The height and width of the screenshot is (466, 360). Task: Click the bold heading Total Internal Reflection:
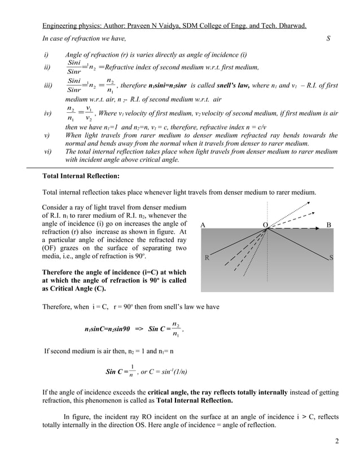click(80, 176)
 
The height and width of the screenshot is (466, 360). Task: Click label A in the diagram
click(203, 225)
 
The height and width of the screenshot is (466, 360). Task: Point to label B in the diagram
click(329, 225)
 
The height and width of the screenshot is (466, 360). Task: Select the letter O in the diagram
click(265, 225)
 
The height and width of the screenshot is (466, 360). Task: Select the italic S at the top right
click(328, 38)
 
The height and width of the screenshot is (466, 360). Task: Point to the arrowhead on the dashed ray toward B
click(317, 228)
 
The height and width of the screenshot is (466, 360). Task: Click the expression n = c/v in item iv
click(254, 128)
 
